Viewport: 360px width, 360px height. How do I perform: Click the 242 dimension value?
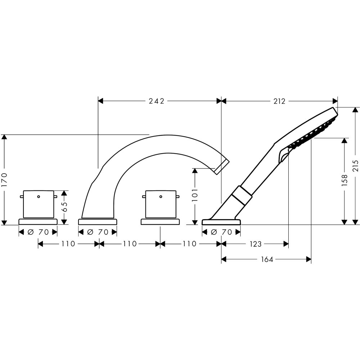pos(157,101)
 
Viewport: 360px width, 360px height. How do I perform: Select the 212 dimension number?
pos(279,101)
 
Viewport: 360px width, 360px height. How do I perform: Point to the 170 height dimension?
pos(4,179)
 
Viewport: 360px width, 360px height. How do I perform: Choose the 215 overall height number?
pos(356,166)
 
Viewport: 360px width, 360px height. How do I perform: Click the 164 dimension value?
pos(267,259)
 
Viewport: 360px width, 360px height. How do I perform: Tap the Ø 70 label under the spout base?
pos(98,232)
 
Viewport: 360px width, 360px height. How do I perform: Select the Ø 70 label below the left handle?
pos(38,232)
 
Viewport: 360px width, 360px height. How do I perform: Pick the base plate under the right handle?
pos(160,222)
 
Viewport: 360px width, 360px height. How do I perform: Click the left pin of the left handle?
pos(22,197)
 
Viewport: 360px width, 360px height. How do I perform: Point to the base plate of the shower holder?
pos(221,222)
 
